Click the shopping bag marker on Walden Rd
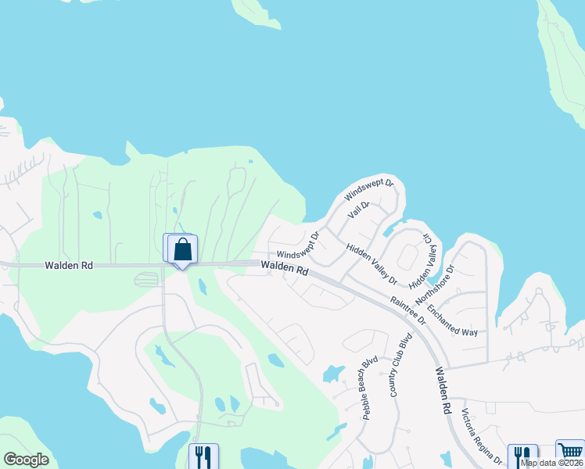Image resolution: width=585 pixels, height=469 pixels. (x=182, y=250)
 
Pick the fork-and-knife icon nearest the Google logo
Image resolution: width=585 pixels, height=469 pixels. (x=204, y=456)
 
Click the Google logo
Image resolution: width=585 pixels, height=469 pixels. (x=27, y=460)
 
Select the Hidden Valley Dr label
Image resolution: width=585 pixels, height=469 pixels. (x=371, y=263)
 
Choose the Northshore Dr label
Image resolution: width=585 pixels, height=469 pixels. (x=436, y=282)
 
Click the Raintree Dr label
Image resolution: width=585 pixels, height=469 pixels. (x=408, y=310)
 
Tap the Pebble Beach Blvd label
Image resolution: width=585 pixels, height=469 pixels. (x=370, y=388)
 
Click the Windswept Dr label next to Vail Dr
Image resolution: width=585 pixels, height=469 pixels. (x=370, y=191)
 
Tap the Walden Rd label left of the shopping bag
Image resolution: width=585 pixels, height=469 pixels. (x=70, y=266)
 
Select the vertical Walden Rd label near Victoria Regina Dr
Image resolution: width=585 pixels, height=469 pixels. (x=443, y=392)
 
